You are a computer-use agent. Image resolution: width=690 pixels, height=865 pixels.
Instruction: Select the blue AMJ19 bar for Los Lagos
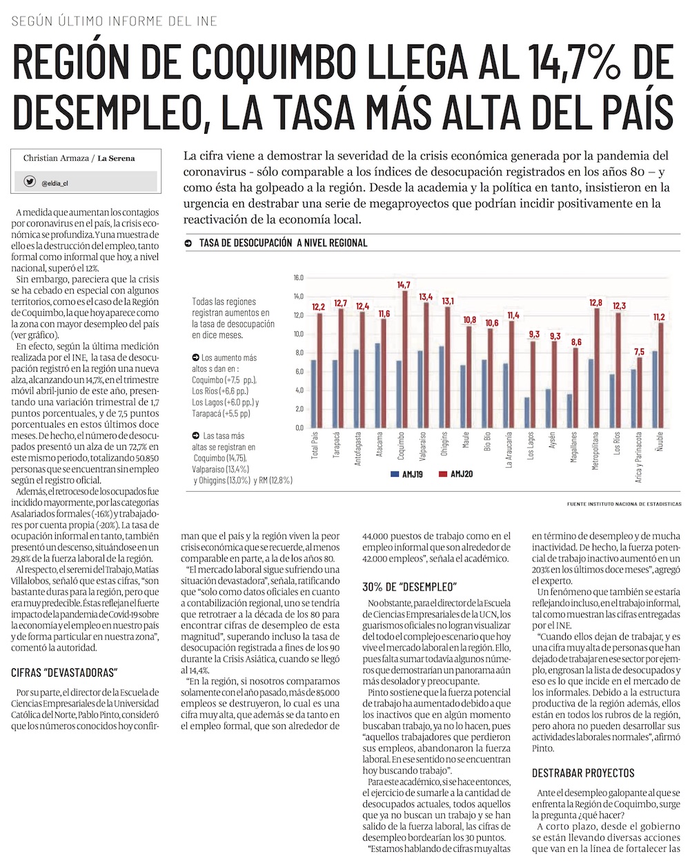[x=527, y=412]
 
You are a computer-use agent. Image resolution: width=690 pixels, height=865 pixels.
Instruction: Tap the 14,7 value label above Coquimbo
[x=404, y=285]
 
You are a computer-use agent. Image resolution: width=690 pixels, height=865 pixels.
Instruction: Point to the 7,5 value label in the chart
[x=640, y=352]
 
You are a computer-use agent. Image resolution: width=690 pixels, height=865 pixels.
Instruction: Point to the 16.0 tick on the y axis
[x=298, y=278]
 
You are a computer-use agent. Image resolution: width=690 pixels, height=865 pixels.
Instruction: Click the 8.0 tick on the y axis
[x=298, y=352]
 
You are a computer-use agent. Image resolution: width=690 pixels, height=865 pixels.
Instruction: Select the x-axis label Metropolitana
[x=595, y=450]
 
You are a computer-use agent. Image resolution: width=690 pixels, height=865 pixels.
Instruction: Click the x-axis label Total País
[x=316, y=447]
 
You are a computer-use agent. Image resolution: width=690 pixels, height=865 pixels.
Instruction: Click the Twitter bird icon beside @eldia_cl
[x=30, y=182]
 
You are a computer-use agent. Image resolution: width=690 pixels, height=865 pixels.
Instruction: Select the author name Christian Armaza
[x=55, y=158]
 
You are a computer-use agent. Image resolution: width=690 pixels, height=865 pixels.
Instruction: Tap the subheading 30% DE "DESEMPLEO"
[x=410, y=587]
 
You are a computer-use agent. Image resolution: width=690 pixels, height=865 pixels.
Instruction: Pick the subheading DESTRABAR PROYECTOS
[x=583, y=773]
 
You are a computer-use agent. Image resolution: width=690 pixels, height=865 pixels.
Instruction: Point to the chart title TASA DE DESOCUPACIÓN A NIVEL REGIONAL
[x=282, y=243]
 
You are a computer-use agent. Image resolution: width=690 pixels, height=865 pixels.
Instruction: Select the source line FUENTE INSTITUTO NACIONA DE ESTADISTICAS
[x=624, y=504]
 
